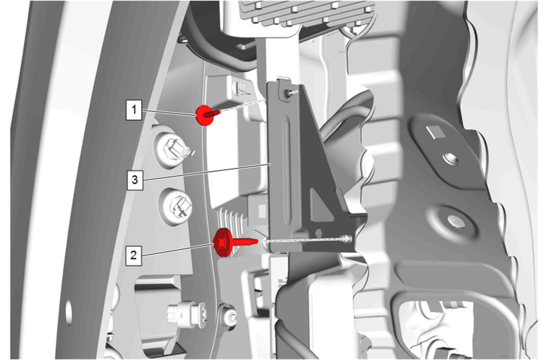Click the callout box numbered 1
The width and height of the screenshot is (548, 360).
click(x=134, y=110)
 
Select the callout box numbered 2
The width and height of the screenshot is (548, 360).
click(x=133, y=255)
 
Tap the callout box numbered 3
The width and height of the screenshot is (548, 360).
click(x=135, y=180)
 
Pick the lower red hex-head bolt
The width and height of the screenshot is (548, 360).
click(x=232, y=242)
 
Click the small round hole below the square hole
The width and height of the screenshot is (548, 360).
click(x=450, y=159)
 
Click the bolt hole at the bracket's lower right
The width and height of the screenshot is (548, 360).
click(x=347, y=238)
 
